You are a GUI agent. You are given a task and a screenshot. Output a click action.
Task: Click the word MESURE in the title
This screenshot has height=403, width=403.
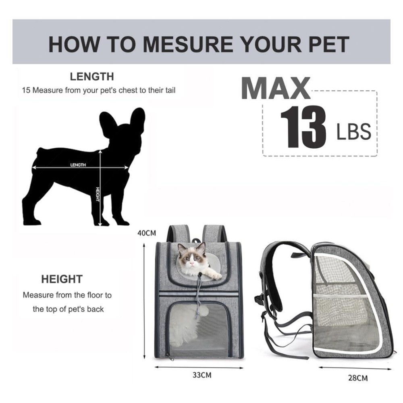(188, 44)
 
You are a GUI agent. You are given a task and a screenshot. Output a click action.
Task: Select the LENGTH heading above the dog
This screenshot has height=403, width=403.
(92, 77)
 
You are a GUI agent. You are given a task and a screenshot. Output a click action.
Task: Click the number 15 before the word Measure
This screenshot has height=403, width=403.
(26, 90)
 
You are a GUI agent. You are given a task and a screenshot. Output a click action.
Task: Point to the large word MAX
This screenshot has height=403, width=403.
(276, 88)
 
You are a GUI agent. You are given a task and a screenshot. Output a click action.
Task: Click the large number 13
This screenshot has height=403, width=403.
(303, 127)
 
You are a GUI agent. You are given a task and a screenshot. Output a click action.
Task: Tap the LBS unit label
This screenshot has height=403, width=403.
(354, 132)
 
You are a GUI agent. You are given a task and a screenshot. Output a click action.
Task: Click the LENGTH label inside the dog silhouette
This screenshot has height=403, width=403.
(78, 165)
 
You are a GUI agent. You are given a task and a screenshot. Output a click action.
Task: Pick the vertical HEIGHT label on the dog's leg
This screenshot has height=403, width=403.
(98, 194)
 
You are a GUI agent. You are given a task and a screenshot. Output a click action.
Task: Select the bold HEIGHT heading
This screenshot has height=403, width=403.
(62, 279)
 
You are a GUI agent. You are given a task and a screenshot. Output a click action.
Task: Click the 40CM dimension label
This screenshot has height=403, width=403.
(147, 233)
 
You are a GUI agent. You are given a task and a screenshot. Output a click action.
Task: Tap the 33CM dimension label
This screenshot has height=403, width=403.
(202, 375)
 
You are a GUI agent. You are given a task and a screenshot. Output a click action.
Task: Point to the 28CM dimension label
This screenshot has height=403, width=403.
(358, 378)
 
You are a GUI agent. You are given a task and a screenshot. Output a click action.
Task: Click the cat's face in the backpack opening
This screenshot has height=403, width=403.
(191, 257)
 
